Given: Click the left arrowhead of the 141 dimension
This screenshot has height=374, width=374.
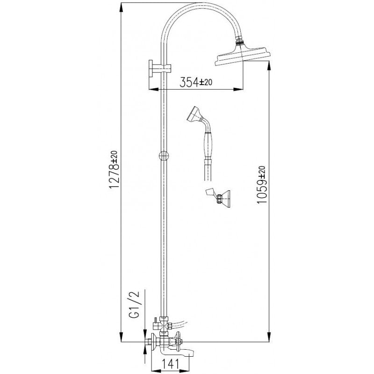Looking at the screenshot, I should pos(153,368).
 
